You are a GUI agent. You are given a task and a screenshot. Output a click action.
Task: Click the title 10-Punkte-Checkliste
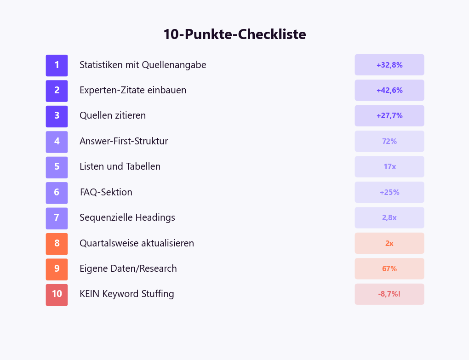(x=234, y=34)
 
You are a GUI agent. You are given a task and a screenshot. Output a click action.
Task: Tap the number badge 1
(x=57, y=65)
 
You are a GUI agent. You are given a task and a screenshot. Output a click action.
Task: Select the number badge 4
(x=57, y=142)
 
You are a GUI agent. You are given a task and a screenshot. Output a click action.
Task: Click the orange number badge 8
(x=57, y=244)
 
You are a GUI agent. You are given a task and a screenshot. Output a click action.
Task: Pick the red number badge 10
(x=57, y=295)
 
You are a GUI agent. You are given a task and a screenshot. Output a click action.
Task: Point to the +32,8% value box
(x=389, y=65)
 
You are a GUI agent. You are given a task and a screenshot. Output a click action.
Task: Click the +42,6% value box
(x=389, y=91)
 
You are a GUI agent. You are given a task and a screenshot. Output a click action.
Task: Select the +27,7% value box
(x=389, y=116)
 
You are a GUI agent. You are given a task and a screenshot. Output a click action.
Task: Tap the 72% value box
(x=389, y=142)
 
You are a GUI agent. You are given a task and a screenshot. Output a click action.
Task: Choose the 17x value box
(x=389, y=167)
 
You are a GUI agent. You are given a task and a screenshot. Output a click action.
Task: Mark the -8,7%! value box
(x=389, y=294)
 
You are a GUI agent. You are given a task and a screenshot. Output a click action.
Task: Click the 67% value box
(x=389, y=269)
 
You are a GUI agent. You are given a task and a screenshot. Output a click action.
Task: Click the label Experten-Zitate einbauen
(x=133, y=91)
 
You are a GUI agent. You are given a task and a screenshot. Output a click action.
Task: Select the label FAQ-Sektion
(x=106, y=193)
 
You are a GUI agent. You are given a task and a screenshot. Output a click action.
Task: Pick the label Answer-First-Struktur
(x=124, y=142)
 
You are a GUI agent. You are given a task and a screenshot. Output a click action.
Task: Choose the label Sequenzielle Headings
(x=127, y=218)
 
